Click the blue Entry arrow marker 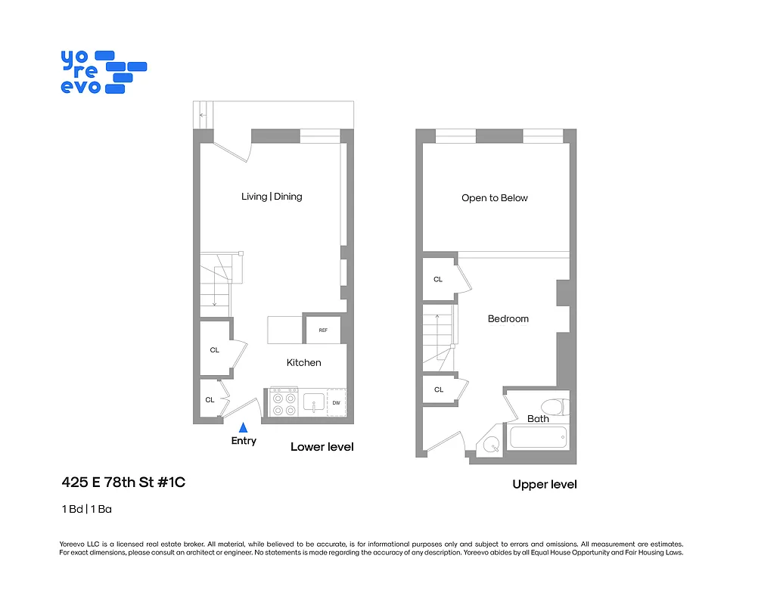(243, 427)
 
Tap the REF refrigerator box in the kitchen (322, 330)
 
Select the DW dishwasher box (336, 403)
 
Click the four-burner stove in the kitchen (284, 402)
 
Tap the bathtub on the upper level (538, 437)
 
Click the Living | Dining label (272, 197)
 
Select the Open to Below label (495, 198)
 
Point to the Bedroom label (508, 319)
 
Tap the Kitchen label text (303, 363)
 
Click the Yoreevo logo (103, 72)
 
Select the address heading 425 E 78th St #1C (123, 482)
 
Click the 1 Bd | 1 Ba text (87, 509)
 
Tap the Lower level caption (322, 447)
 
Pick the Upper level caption (544, 484)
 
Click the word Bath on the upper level (538, 419)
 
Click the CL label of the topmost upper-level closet (438, 280)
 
